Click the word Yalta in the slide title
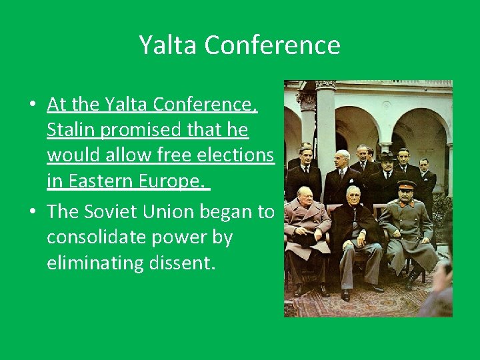point(168,45)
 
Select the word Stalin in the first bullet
point(70,130)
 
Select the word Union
point(183,211)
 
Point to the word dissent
point(181,263)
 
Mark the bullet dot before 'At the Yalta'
point(32,105)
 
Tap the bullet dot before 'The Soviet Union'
point(32,212)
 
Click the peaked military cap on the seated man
point(406,185)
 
